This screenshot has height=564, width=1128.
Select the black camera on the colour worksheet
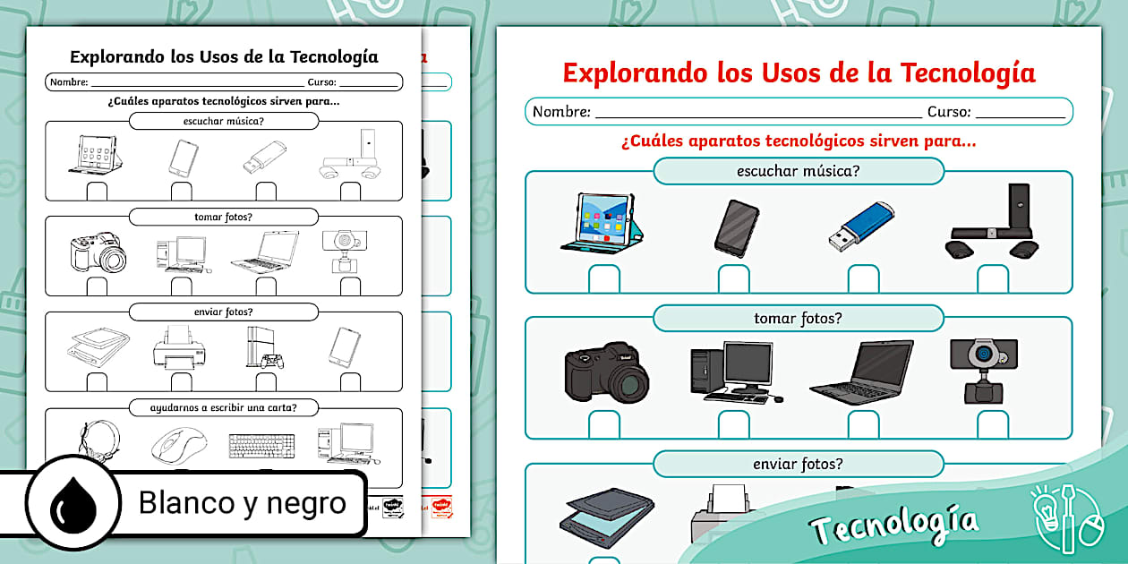coord(606,372)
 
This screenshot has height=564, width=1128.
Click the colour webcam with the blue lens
coord(984,369)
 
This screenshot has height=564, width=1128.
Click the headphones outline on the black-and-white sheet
coord(96,440)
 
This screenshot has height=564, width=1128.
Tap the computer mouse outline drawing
coord(179,443)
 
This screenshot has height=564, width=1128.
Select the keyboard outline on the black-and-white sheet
coord(261,445)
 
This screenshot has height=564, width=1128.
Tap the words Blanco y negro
coord(242,503)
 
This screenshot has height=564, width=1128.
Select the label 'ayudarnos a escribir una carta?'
coord(224,407)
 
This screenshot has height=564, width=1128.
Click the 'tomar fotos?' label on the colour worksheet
coord(798,318)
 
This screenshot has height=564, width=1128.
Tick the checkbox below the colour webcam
coord(993,424)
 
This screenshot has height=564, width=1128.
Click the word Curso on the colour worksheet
coord(949,112)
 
